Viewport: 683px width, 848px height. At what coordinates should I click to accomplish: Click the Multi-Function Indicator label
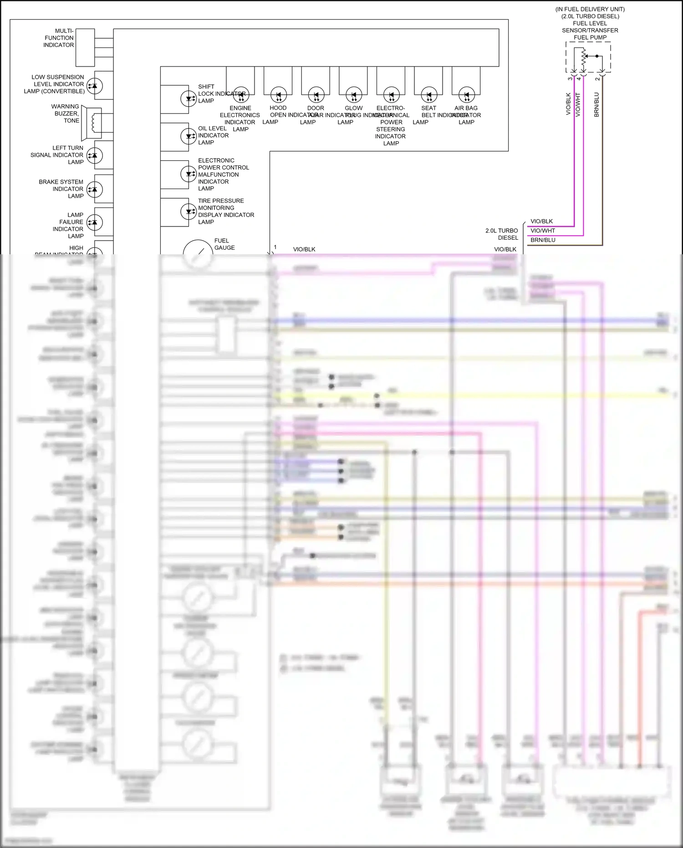59,38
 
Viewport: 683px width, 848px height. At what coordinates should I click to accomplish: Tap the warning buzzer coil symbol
95,123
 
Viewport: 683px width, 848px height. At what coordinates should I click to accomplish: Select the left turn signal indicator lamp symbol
95,155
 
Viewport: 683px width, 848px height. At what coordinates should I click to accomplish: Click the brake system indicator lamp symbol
95,189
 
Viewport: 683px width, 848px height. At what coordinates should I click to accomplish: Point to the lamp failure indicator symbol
95,222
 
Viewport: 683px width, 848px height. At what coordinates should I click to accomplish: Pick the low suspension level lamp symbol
95,86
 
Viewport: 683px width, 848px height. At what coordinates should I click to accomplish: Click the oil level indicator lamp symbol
189,136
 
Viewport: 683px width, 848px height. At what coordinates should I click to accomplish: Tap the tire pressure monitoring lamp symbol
189,211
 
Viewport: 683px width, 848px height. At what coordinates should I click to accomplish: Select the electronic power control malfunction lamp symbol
189,174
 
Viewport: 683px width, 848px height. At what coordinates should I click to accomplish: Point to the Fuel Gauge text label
224,244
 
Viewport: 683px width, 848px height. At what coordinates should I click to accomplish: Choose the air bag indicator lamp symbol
467,95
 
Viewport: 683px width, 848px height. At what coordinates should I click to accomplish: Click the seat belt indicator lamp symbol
429,95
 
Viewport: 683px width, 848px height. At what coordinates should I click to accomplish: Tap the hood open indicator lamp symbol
279,95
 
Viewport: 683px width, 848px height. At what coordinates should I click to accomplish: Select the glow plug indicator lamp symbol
354,95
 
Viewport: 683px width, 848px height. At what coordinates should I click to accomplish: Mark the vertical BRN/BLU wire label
596,105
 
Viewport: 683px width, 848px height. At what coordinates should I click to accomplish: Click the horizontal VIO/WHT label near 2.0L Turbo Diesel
543,231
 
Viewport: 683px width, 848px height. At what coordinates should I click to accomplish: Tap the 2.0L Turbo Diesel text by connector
502,234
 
